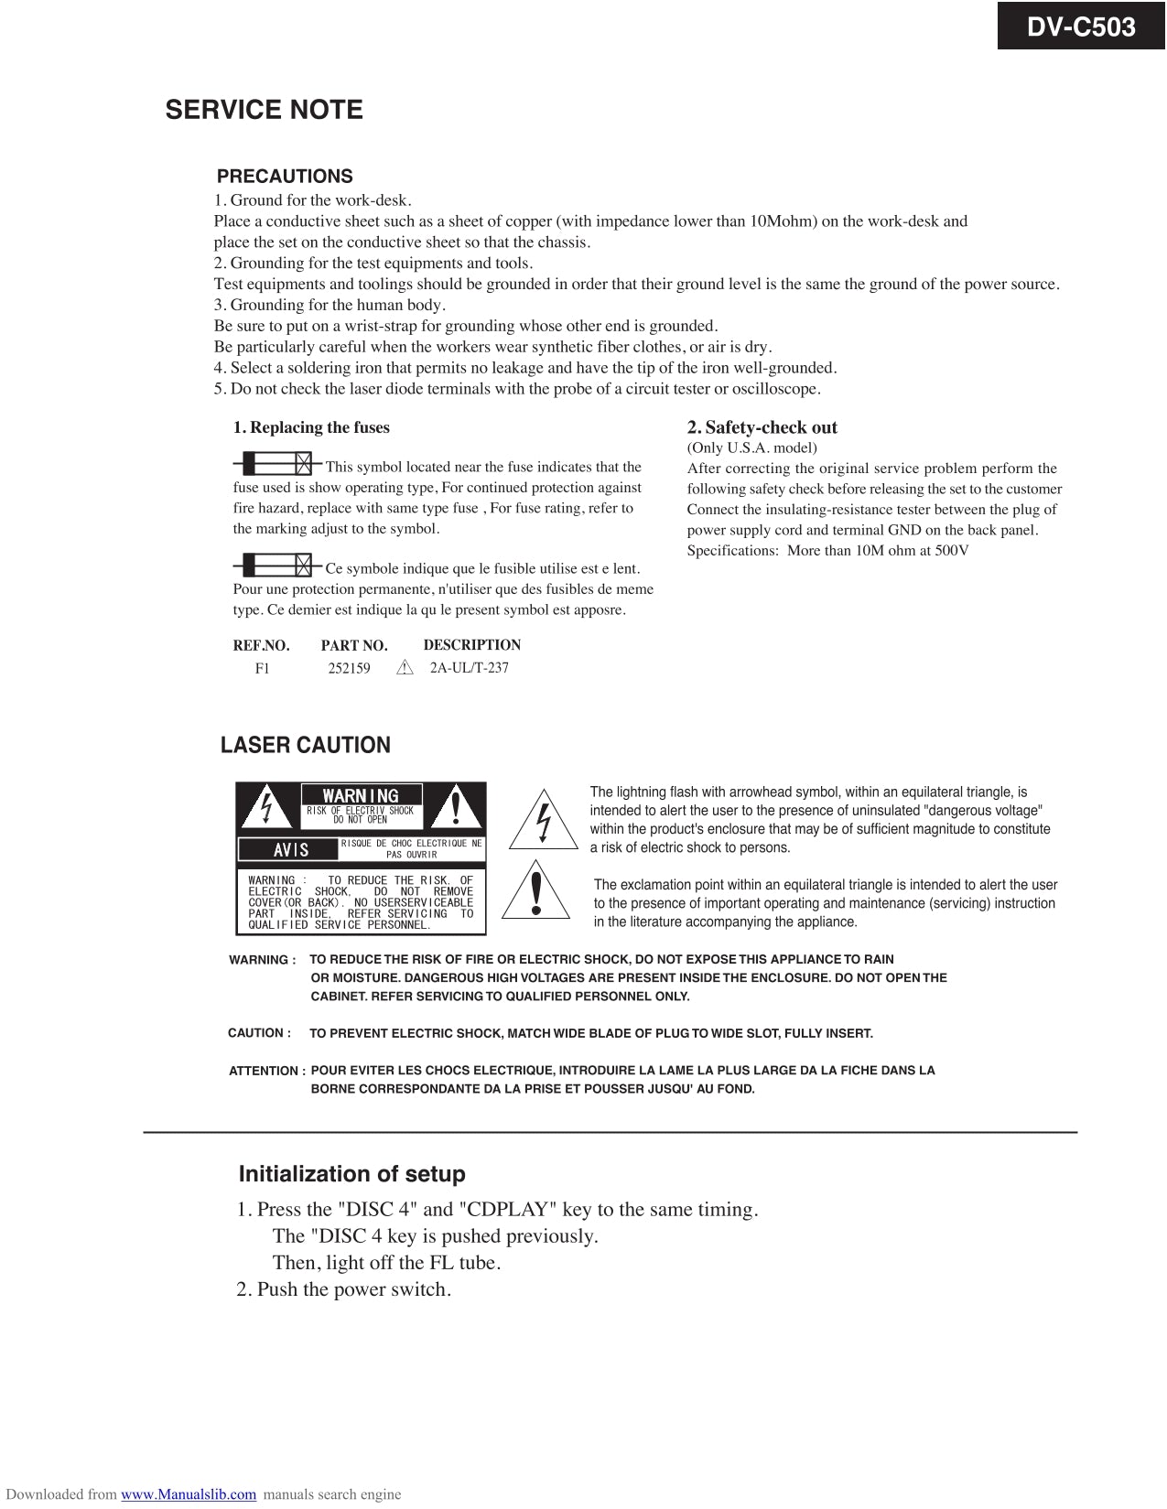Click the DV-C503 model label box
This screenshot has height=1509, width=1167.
[1081, 27]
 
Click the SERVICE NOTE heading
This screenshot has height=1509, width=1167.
[264, 110]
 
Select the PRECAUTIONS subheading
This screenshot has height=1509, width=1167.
[285, 177]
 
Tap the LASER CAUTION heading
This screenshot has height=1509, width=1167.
[305, 745]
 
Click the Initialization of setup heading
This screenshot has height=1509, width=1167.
[351, 1174]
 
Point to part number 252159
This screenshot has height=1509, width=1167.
[349, 668]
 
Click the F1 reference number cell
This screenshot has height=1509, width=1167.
[263, 668]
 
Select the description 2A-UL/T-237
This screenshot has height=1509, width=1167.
[469, 667]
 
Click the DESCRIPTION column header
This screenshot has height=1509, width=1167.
[471, 645]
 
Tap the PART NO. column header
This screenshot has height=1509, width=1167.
[353, 645]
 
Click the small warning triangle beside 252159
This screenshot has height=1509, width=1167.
[405, 668]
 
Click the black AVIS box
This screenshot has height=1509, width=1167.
[289, 849]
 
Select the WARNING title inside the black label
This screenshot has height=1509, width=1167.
[361, 796]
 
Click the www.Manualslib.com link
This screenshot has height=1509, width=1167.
[189, 1494]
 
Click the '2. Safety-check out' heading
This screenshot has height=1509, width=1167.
[762, 427]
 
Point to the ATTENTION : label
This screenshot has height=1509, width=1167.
[266, 1071]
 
